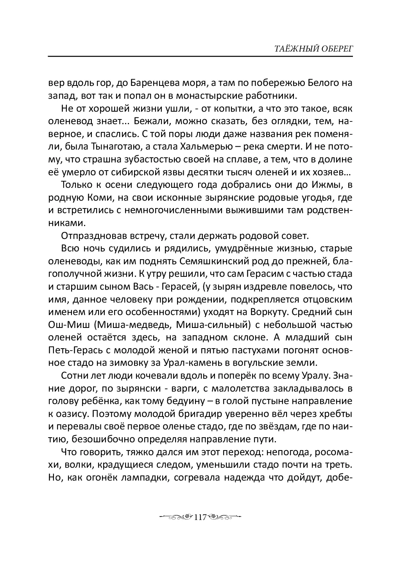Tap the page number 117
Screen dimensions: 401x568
coord(200,517)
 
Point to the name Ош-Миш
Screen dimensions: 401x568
coord(65,325)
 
